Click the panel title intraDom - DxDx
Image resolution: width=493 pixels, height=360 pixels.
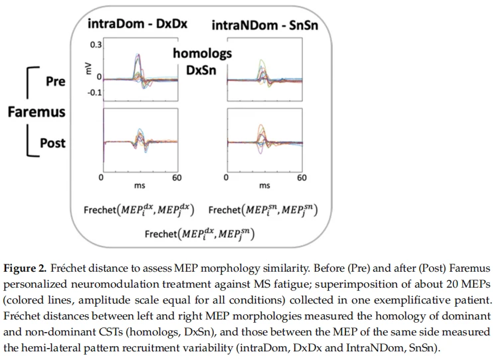(138, 24)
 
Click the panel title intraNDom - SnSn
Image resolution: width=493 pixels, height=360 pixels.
(265, 25)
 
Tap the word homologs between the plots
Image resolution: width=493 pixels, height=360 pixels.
(203, 53)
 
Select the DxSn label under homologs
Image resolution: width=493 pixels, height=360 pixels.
(201, 70)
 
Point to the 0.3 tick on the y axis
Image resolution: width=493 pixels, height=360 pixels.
(96, 45)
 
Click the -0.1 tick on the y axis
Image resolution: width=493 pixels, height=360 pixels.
(94, 92)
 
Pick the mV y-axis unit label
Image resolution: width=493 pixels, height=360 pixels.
(88, 69)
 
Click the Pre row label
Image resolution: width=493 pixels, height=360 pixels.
(56, 82)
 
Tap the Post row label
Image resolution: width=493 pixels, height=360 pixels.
(53, 143)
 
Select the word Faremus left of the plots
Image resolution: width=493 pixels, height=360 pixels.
(37, 112)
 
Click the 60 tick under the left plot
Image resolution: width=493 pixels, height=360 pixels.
(177, 178)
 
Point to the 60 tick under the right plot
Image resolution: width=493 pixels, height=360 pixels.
(302, 178)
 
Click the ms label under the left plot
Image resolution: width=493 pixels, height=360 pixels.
(140, 186)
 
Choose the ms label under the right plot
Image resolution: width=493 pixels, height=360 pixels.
(264, 186)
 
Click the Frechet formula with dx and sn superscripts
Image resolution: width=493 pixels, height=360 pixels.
(199, 234)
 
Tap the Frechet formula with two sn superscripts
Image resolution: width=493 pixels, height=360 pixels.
(263, 209)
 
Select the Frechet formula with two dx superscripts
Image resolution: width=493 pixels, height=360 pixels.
(139, 209)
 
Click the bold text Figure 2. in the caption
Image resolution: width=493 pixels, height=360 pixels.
(25, 268)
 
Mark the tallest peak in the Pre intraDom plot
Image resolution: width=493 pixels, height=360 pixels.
(138, 54)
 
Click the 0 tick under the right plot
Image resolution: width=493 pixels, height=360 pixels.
(226, 178)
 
